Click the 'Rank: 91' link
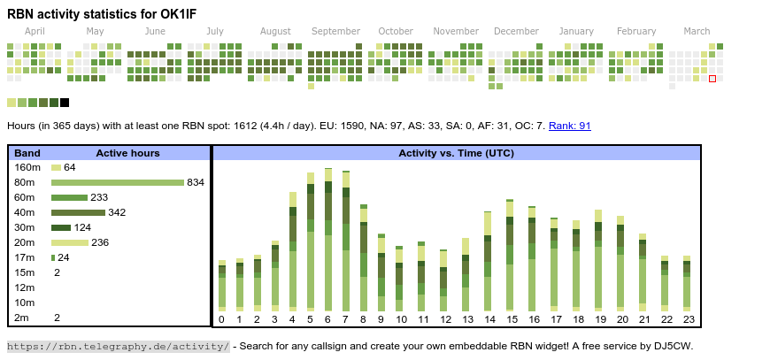570,126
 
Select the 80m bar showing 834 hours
118,182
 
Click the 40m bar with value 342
78,212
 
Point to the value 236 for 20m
100,242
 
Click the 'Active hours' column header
127,153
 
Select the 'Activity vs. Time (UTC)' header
456,153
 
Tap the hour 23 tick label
687,319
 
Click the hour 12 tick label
445,319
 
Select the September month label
335,31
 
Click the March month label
697,31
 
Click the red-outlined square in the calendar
712,79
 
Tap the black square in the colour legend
65,103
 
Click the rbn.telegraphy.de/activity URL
119,346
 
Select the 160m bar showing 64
56,167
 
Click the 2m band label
21,318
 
